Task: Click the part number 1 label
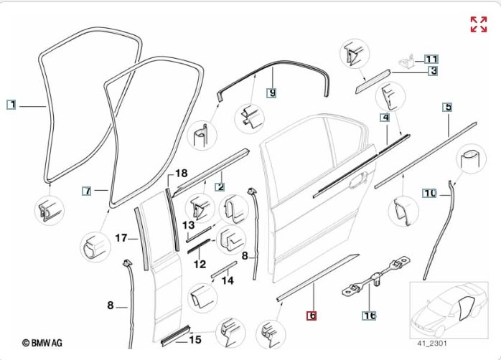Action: [11, 105]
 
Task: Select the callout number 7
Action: [86, 191]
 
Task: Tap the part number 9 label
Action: [271, 93]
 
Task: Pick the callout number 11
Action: [431, 59]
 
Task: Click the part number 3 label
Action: [434, 70]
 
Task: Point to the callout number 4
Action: [385, 116]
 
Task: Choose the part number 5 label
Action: [447, 108]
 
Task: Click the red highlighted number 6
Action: [312, 315]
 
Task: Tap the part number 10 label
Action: [429, 193]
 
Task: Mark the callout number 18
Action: [181, 174]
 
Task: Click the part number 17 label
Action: [121, 238]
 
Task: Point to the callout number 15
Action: [195, 339]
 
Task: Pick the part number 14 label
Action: [228, 280]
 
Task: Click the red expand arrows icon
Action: [478, 24]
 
